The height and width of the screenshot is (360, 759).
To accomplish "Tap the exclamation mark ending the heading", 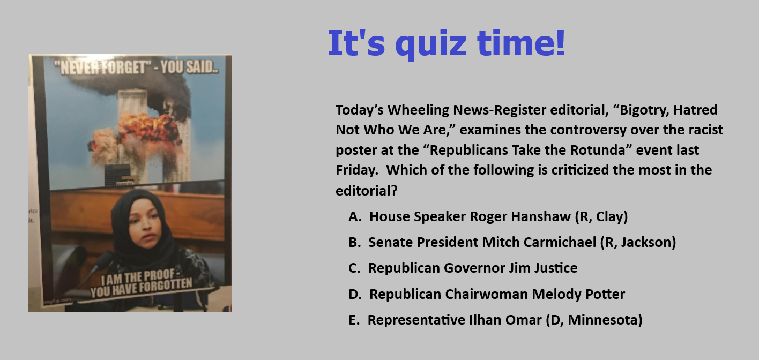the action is click(x=560, y=42).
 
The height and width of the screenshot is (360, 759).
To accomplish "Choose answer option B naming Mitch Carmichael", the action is click(x=512, y=243).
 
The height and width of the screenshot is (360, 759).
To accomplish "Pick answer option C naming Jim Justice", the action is click(x=463, y=268).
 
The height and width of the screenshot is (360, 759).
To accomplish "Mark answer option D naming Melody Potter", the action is click(x=487, y=294).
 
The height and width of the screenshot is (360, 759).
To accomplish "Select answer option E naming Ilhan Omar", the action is click(x=495, y=320).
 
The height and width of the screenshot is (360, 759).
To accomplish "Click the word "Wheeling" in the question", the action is click(x=417, y=110).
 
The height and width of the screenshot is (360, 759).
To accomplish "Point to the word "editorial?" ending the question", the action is click(x=366, y=191).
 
